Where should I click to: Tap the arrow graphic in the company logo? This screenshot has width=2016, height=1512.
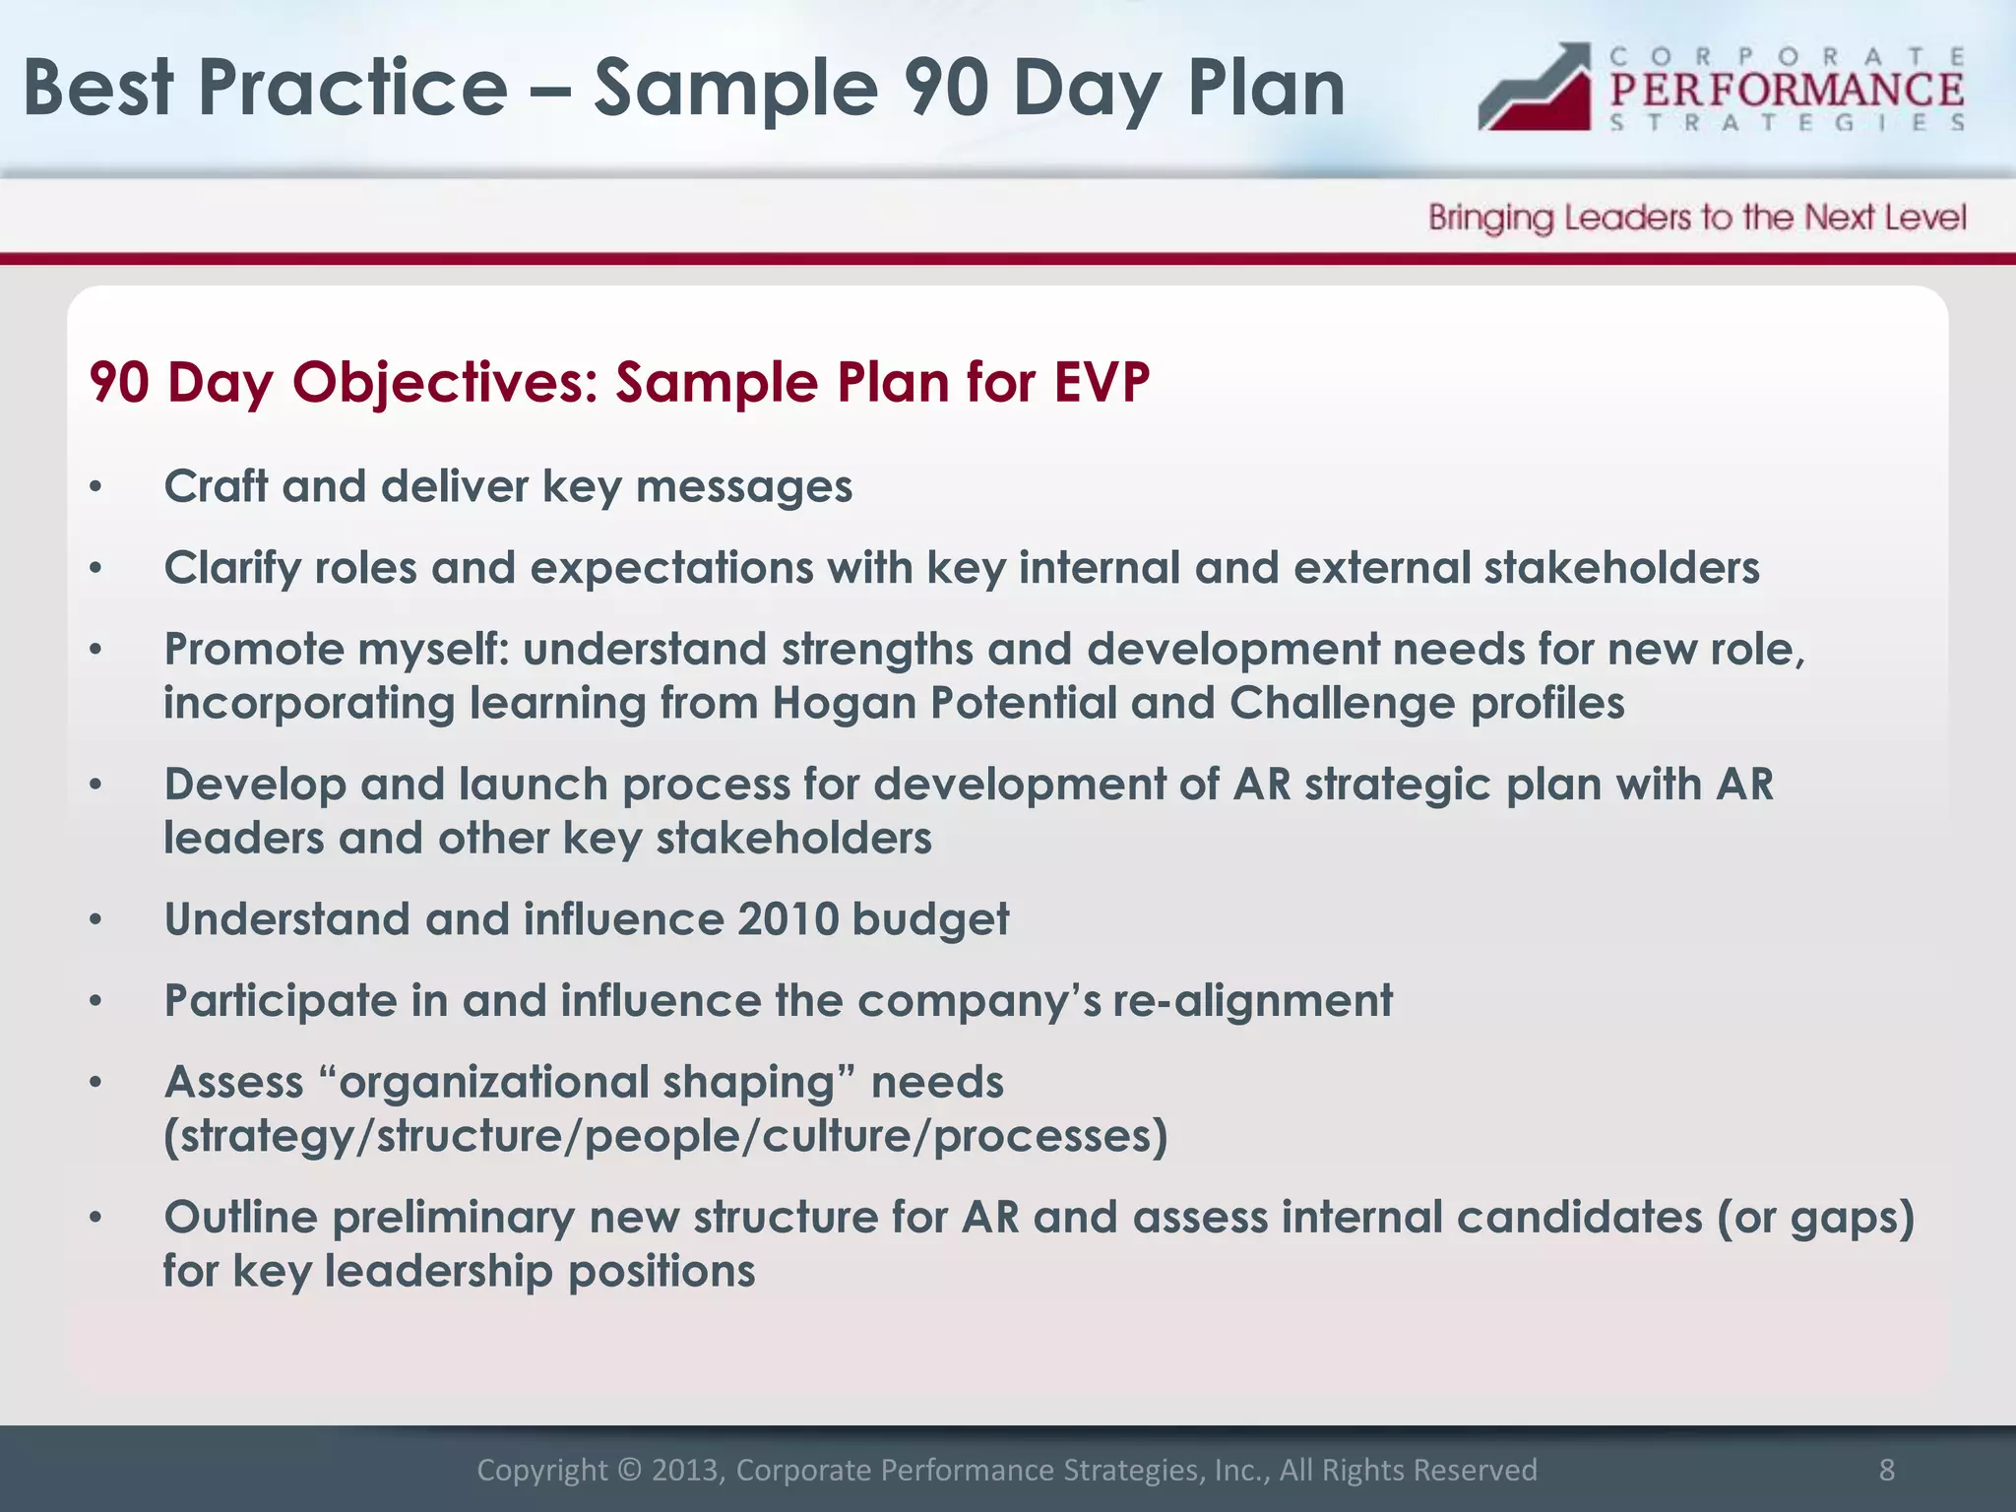(x=1536, y=89)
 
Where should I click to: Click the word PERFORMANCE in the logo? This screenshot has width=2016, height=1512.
(x=1787, y=90)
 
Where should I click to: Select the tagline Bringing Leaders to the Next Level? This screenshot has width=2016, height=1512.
(x=1696, y=218)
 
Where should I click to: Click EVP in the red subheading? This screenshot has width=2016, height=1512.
(x=1101, y=382)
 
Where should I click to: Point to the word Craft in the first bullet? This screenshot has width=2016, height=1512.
(x=216, y=486)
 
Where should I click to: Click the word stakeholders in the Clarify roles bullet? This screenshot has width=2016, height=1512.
(x=1621, y=568)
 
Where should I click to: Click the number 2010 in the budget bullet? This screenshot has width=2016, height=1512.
(x=787, y=919)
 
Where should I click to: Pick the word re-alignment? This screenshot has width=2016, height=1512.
(x=1252, y=1002)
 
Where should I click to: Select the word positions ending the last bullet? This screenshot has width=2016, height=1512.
(x=661, y=1272)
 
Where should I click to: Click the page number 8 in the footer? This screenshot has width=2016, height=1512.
(x=1886, y=1470)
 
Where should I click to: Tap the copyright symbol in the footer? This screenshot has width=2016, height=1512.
(x=629, y=1470)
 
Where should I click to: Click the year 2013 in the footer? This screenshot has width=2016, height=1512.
(x=686, y=1470)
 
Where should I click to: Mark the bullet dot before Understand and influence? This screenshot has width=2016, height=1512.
(x=95, y=920)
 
